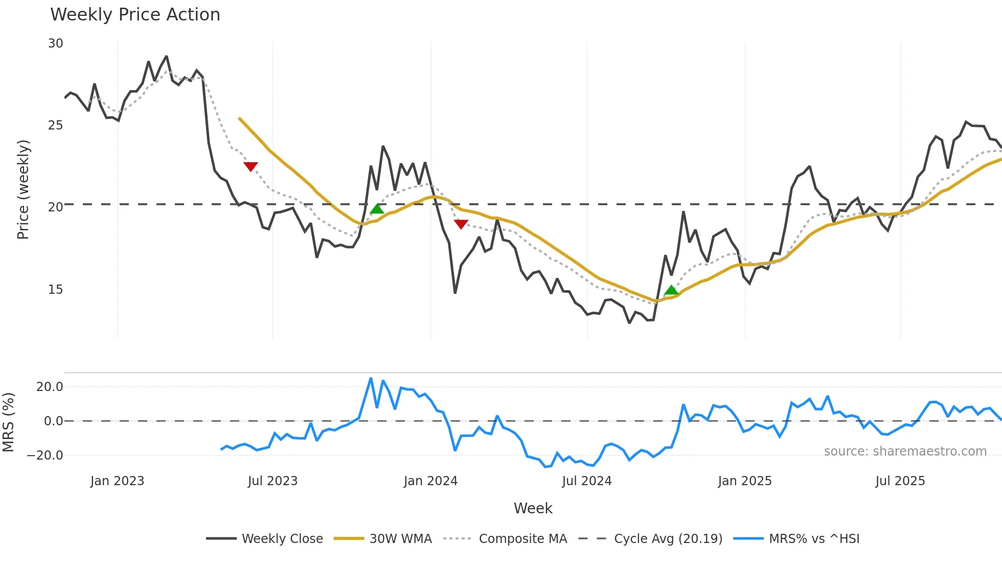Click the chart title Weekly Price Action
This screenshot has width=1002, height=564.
pyautogui.click(x=135, y=15)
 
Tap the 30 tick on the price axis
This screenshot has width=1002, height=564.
pyautogui.click(x=56, y=44)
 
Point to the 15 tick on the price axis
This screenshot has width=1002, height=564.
pyautogui.click(x=56, y=290)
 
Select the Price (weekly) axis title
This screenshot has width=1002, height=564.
pyautogui.click(x=23, y=189)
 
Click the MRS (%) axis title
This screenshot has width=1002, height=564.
pyautogui.click(x=8, y=422)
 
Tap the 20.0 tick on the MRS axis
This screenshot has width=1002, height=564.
pyautogui.click(x=50, y=387)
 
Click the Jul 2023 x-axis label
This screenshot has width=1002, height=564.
pyautogui.click(x=272, y=481)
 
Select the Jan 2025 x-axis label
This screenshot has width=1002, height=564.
pyautogui.click(x=744, y=481)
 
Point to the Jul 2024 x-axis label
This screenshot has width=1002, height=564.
pyautogui.click(x=586, y=481)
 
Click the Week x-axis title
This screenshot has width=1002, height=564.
pyautogui.click(x=533, y=508)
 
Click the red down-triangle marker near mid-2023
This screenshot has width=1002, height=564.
pyautogui.click(x=250, y=166)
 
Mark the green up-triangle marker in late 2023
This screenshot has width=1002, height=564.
pyautogui.click(x=377, y=209)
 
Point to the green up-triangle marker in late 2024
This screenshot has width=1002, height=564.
pyautogui.click(x=671, y=290)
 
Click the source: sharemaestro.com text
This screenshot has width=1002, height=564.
pyautogui.click(x=905, y=451)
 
